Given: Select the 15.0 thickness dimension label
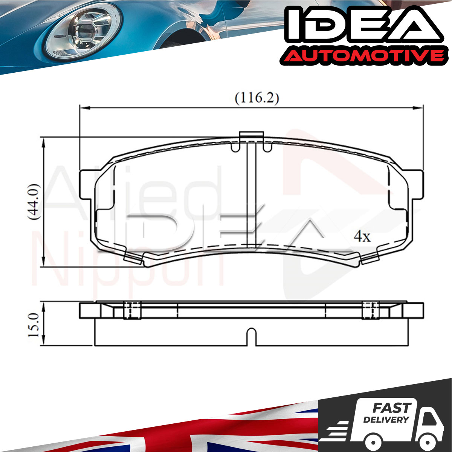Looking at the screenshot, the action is pyautogui.click(x=34, y=324).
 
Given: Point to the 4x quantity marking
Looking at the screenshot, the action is pyautogui.click(x=362, y=237).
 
